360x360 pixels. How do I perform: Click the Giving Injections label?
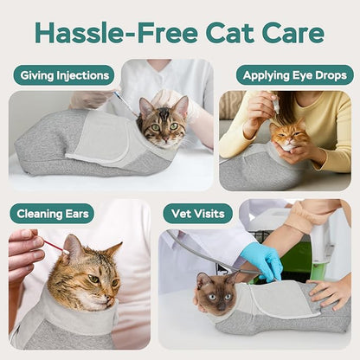pyautogui.click(x=63, y=75)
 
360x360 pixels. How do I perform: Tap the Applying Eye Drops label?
pyautogui.click(x=295, y=75)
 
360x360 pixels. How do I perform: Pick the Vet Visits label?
pyautogui.click(x=197, y=213)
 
